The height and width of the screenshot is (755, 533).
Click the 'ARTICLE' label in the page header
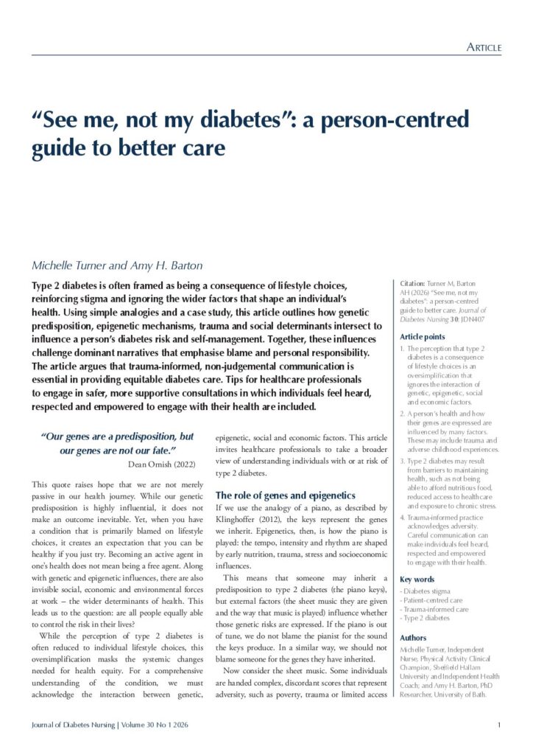[484, 48]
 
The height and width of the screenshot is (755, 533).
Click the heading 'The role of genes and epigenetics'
[286, 495]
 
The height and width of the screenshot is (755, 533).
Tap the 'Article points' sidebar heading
[423, 336]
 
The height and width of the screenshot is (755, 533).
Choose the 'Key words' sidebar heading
[417, 580]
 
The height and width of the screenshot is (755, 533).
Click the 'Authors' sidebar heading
[412, 637]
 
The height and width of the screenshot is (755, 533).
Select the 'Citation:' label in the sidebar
[414, 284]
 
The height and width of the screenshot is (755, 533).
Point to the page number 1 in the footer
[499, 725]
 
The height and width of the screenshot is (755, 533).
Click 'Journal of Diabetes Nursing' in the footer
[73, 725]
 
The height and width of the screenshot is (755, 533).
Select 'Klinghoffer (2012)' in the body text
[246, 521]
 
